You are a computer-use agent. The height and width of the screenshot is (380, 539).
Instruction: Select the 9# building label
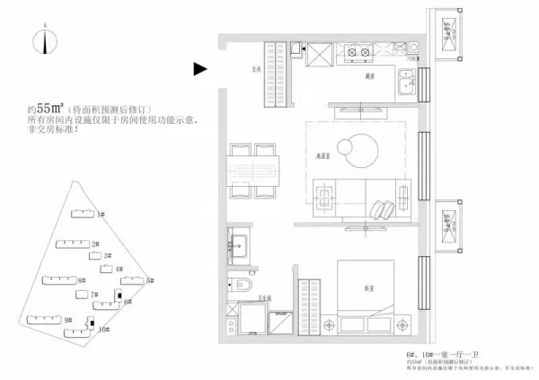click(x=68, y=320)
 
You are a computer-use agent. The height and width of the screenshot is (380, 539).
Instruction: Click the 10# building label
click(x=104, y=330)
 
